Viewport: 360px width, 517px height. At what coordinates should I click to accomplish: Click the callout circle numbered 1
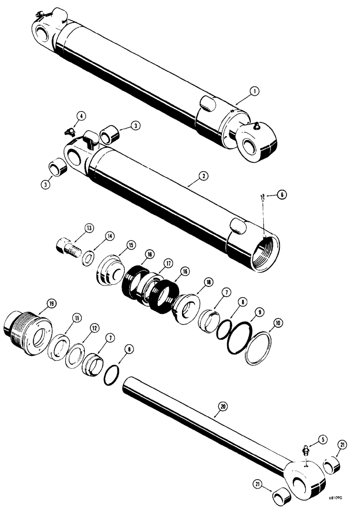(253, 92)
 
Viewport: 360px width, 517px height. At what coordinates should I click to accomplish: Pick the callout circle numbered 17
(168, 263)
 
